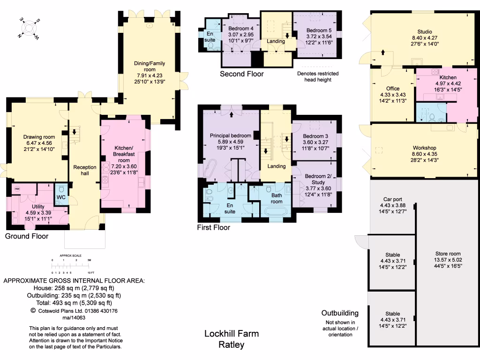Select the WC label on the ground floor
click(x=61, y=197)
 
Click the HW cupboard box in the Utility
click(x=17, y=189)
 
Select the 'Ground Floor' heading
click(x=27, y=236)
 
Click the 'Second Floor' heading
click(x=242, y=74)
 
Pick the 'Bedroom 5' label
click(x=313, y=30)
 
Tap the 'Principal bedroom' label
click(x=230, y=136)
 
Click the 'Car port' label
click(x=391, y=205)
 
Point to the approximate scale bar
click(x=70, y=266)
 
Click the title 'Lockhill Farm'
click(x=231, y=334)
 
